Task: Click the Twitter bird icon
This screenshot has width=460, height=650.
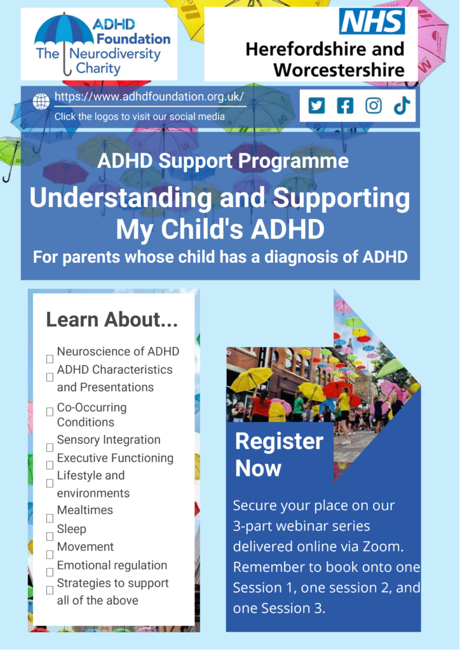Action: point(316,105)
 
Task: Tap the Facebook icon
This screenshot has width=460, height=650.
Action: point(345,105)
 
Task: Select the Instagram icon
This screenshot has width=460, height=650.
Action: point(374,105)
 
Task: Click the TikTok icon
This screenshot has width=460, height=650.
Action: point(402,105)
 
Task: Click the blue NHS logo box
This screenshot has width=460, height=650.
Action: point(372,22)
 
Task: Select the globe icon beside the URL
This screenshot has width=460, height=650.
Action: point(41,102)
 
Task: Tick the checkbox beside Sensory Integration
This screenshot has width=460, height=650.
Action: point(50,448)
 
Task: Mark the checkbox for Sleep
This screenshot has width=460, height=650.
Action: point(50,536)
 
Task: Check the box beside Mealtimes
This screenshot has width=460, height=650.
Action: point(50,518)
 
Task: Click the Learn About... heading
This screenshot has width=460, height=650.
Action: point(112,320)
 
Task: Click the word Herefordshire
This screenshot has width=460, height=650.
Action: point(325,49)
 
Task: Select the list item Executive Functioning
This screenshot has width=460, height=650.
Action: point(115,458)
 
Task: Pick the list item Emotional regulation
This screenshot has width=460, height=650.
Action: point(112,565)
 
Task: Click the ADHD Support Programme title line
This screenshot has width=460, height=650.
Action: point(223,161)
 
